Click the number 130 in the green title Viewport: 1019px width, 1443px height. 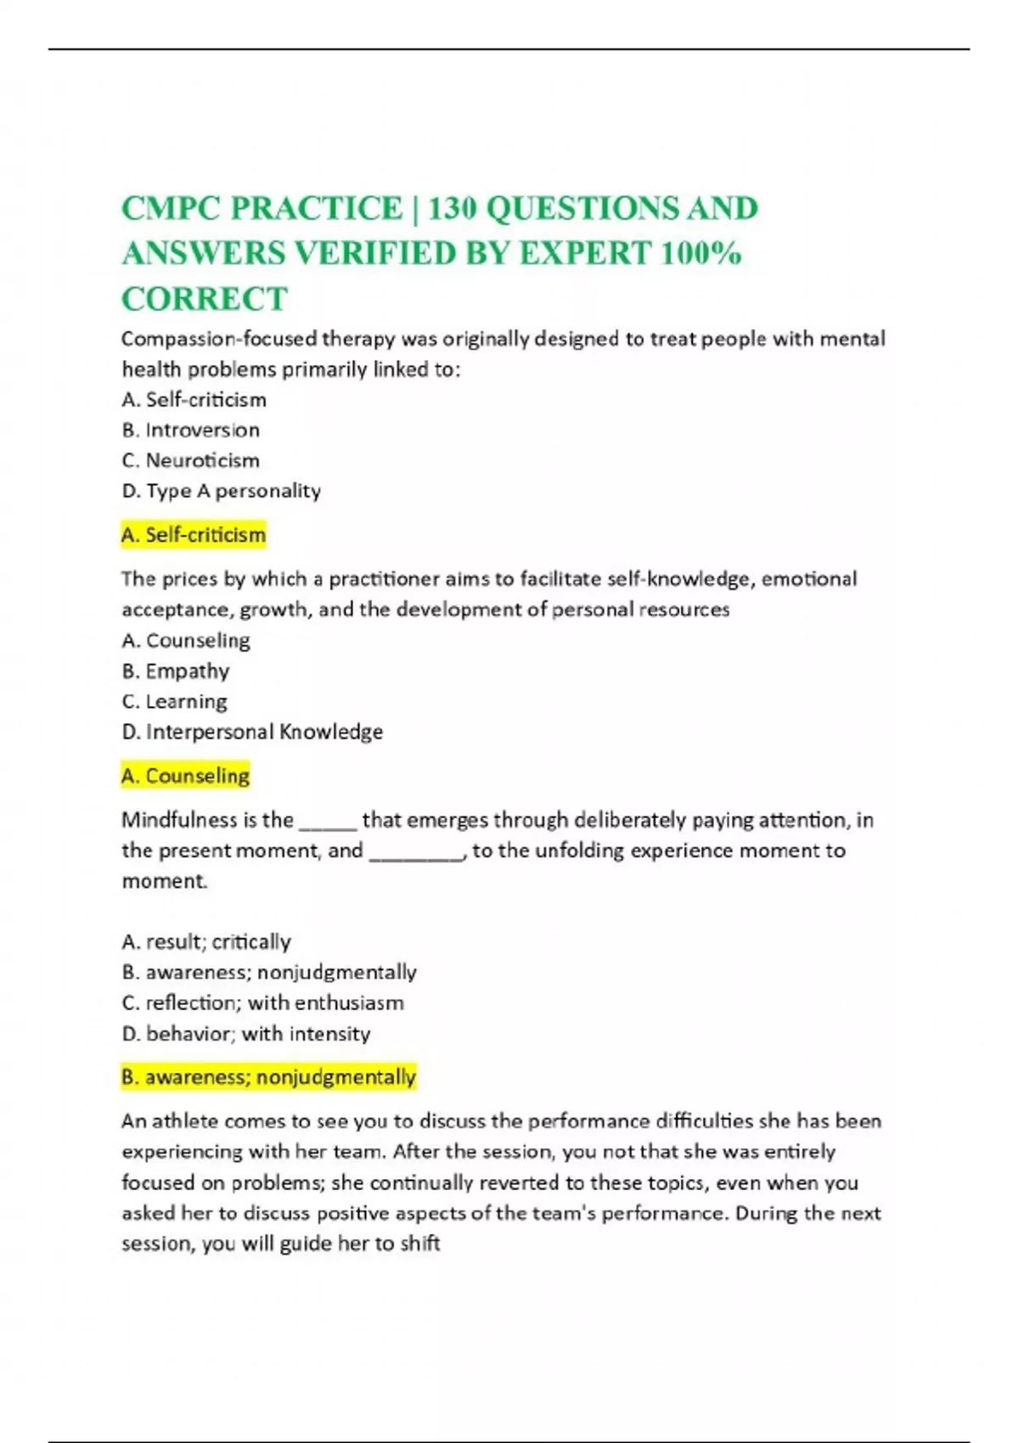[452, 209]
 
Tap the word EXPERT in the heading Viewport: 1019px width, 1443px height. [584, 254]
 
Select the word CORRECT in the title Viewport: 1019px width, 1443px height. [205, 299]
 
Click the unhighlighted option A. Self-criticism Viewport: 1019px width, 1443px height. [194, 400]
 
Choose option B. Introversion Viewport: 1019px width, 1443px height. [190, 430]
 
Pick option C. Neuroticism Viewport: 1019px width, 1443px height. [190, 461]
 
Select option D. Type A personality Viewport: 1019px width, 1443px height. [221, 491]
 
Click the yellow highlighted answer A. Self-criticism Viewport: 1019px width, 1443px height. [194, 535]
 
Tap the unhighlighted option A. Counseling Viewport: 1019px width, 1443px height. [186, 641]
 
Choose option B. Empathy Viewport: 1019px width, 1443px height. [176, 671]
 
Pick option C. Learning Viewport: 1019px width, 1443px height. [174, 702]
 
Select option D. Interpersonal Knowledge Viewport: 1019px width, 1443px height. [252, 732]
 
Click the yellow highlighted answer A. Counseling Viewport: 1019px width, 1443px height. [186, 776]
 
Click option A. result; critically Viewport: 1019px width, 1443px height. [206, 942]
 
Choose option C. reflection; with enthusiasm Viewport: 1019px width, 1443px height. [262, 1003]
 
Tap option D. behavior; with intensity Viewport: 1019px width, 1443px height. [246, 1034]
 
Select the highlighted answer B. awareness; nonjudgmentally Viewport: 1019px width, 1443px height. [268, 1077]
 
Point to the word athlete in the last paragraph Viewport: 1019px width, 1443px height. [184, 1121]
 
